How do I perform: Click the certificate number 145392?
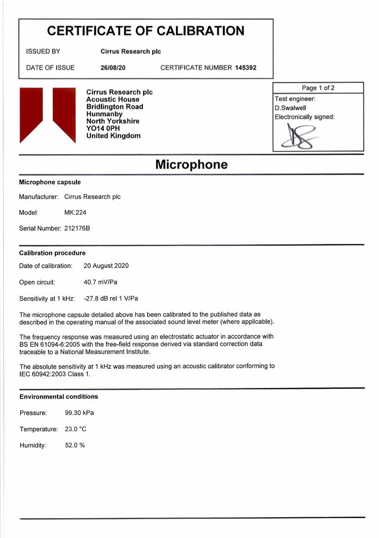[245, 68]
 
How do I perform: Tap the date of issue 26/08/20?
[113, 68]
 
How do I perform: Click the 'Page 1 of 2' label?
[318, 88]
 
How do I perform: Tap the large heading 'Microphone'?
[191, 164]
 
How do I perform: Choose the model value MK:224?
[75, 213]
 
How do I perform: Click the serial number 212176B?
[77, 228]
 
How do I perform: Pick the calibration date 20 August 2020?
[106, 266]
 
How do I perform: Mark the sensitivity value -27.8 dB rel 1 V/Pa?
[111, 299]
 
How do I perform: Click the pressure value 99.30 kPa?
[79, 413]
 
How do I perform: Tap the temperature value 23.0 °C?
[76, 429]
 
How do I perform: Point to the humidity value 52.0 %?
[75, 445]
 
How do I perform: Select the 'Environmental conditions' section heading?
[58, 396]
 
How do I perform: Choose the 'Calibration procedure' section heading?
[52, 253]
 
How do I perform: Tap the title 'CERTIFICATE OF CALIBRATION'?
[146, 31]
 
